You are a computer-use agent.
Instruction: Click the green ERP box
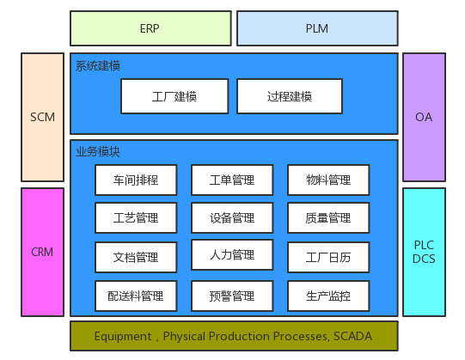150,28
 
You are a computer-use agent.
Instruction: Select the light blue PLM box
316,28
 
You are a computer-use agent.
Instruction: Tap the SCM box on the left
42,118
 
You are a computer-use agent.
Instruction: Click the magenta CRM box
42,252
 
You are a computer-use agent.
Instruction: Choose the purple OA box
424,118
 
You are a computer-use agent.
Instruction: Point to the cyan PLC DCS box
424,252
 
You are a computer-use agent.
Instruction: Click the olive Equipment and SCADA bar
234,336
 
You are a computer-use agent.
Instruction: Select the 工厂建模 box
174,96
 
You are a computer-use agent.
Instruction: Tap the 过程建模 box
290,96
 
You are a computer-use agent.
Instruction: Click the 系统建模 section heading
98,66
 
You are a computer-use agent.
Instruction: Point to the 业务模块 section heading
98,151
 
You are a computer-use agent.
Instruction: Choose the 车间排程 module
136,180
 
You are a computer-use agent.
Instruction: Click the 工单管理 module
232,180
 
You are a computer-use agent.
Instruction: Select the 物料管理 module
328,180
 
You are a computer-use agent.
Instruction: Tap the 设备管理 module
232,218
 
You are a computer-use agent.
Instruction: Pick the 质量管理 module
328,218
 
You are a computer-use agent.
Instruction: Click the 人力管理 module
232,255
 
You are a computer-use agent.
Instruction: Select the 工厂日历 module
328,257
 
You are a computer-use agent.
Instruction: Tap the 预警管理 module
232,296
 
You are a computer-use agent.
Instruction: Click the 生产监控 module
328,296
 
